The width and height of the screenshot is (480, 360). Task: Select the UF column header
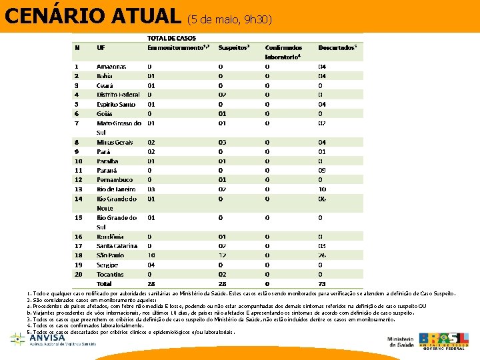coord(101,48)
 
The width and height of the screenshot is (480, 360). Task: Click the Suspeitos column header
coord(234,48)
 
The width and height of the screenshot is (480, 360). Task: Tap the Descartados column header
coord(337,48)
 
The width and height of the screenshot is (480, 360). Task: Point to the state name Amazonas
coord(111,67)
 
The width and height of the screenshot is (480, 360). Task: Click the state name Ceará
coord(105,85)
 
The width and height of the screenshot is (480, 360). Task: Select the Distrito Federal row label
coord(118,95)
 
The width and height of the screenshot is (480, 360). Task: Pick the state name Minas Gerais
coord(115,142)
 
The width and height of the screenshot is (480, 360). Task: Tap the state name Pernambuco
coord(115,179)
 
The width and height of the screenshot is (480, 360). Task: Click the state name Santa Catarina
coord(117,246)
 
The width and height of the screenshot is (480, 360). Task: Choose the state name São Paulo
coord(110,255)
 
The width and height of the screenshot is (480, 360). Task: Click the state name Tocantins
coord(110,274)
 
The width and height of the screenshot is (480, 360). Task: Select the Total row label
coord(105,284)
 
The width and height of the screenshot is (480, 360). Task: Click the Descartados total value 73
coord(322,284)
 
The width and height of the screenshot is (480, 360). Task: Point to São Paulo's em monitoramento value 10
coord(152,255)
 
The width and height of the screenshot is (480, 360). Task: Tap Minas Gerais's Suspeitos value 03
coord(223,142)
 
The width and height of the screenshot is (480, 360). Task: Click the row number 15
coord(78,217)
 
